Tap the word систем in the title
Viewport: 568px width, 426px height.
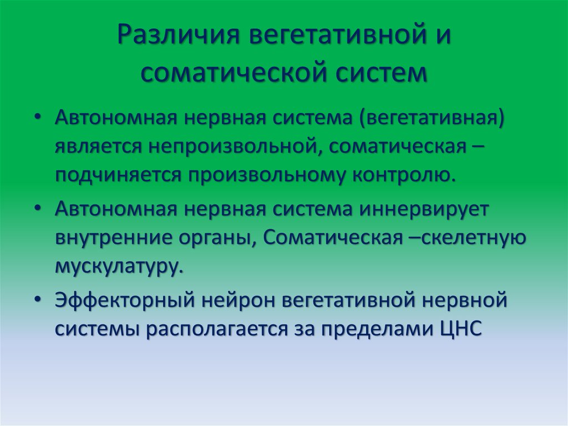pyautogui.click(x=383, y=73)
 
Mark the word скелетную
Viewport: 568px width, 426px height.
pyautogui.click(x=473, y=238)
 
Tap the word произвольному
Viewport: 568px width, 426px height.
pyautogui.click(x=264, y=174)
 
